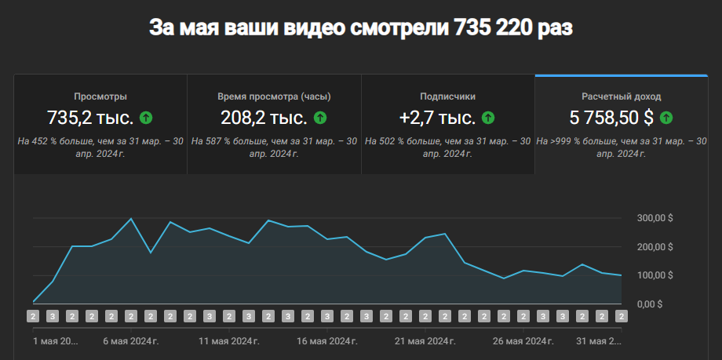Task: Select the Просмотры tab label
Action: click(x=100, y=96)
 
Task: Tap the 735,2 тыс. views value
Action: click(x=90, y=118)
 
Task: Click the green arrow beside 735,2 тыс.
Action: click(x=145, y=118)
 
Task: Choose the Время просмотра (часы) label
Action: click(x=274, y=96)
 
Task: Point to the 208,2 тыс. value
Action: click(x=264, y=118)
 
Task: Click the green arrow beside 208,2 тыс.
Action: click(x=319, y=118)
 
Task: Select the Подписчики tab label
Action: click(x=448, y=96)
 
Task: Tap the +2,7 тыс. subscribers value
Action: click(x=437, y=118)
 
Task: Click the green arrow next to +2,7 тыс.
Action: click(x=488, y=118)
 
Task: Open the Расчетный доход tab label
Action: click(x=622, y=96)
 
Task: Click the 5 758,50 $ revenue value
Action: click(x=612, y=118)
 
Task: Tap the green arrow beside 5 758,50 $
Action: click(x=666, y=118)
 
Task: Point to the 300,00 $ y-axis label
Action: click(x=654, y=218)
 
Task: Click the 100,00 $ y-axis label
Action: click(x=654, y=275)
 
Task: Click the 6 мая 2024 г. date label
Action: click(x=130, y=341)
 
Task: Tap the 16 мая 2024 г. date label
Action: click(x=327, y=341)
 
